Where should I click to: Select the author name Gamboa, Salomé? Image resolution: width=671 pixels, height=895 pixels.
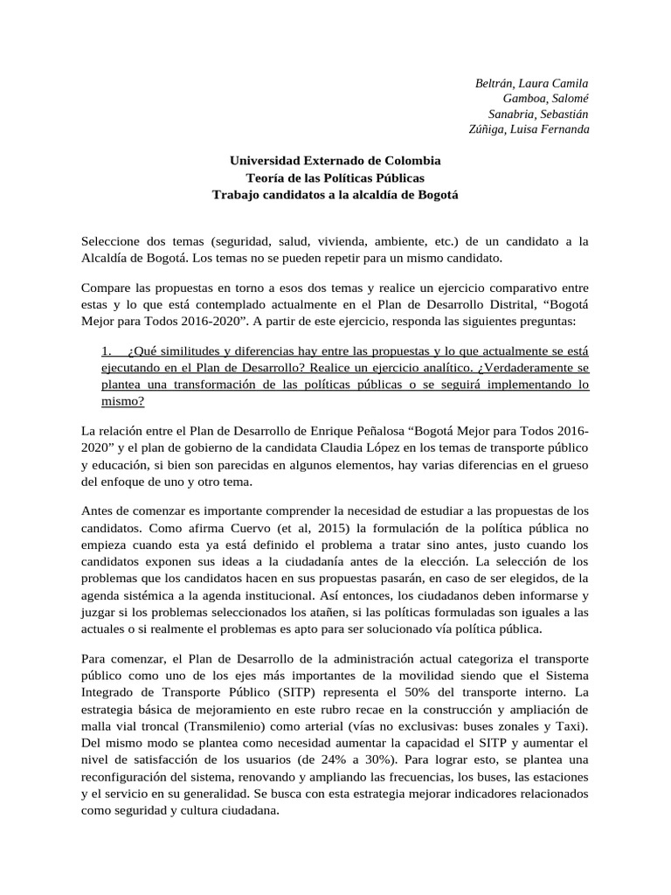point(552,99)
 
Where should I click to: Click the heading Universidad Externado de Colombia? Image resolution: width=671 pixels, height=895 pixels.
point(335,161)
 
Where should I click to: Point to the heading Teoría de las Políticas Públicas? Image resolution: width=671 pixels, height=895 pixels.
point(335,177)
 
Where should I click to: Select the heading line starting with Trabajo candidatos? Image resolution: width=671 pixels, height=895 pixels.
point(335,194)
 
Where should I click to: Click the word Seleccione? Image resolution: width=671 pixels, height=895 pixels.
point(113,240)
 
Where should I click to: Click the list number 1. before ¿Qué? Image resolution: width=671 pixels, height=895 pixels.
point(109,351)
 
